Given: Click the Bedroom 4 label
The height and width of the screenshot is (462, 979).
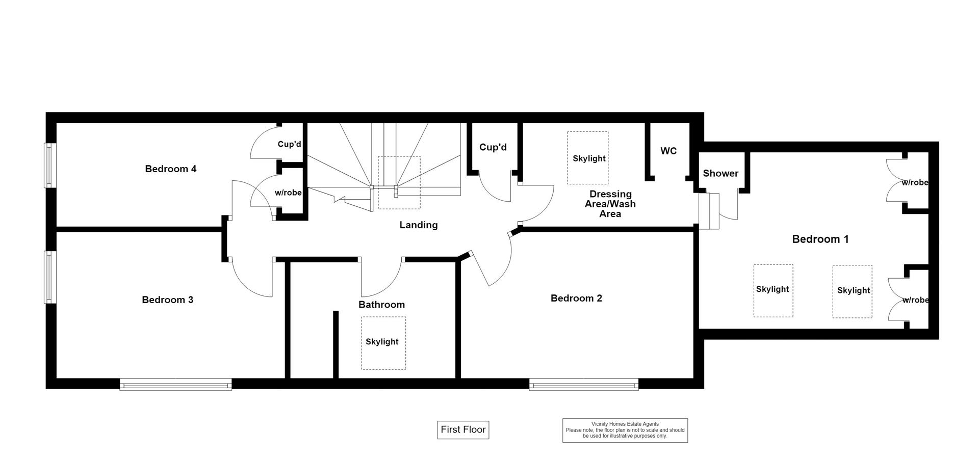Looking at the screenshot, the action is pos(171,169).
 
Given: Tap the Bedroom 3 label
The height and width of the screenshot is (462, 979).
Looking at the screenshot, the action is pos(167,300).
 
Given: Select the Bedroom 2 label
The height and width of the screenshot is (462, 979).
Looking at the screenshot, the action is pos(576,298).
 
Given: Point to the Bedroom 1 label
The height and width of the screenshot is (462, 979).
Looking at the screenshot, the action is pos(820,239).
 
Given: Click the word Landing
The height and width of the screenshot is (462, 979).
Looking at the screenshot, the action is pos(419,225).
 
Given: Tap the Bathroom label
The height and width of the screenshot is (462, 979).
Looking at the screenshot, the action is pos(381,305).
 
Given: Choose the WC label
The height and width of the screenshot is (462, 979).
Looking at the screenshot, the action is pos(668,151).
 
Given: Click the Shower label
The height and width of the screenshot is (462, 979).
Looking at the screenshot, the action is pos(720,173).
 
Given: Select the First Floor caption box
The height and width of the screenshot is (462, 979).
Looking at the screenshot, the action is pos(463,430).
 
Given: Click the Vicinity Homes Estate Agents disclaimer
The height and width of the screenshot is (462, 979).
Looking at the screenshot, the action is pos(625,430).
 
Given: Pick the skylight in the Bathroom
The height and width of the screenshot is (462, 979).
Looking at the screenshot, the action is pos(383,343).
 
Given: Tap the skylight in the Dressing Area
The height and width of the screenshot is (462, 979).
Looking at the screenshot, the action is pos(588,158).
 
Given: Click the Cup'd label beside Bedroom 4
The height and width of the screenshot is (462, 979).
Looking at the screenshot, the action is pos(289,144).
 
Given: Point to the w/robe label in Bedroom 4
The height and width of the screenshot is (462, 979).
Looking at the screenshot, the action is pos(288,193).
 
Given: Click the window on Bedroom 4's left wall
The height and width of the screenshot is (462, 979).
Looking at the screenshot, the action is pos(50,165).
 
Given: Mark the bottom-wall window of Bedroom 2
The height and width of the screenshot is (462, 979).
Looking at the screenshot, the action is pos(584,385).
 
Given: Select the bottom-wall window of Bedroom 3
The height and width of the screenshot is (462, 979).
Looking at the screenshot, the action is pos(176,385).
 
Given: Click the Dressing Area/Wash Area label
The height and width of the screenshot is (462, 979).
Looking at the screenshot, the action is pos(610,204).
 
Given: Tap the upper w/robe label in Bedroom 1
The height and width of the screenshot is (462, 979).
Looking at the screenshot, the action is pos(915,182).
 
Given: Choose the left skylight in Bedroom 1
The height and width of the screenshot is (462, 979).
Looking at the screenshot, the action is pos(773,290).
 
